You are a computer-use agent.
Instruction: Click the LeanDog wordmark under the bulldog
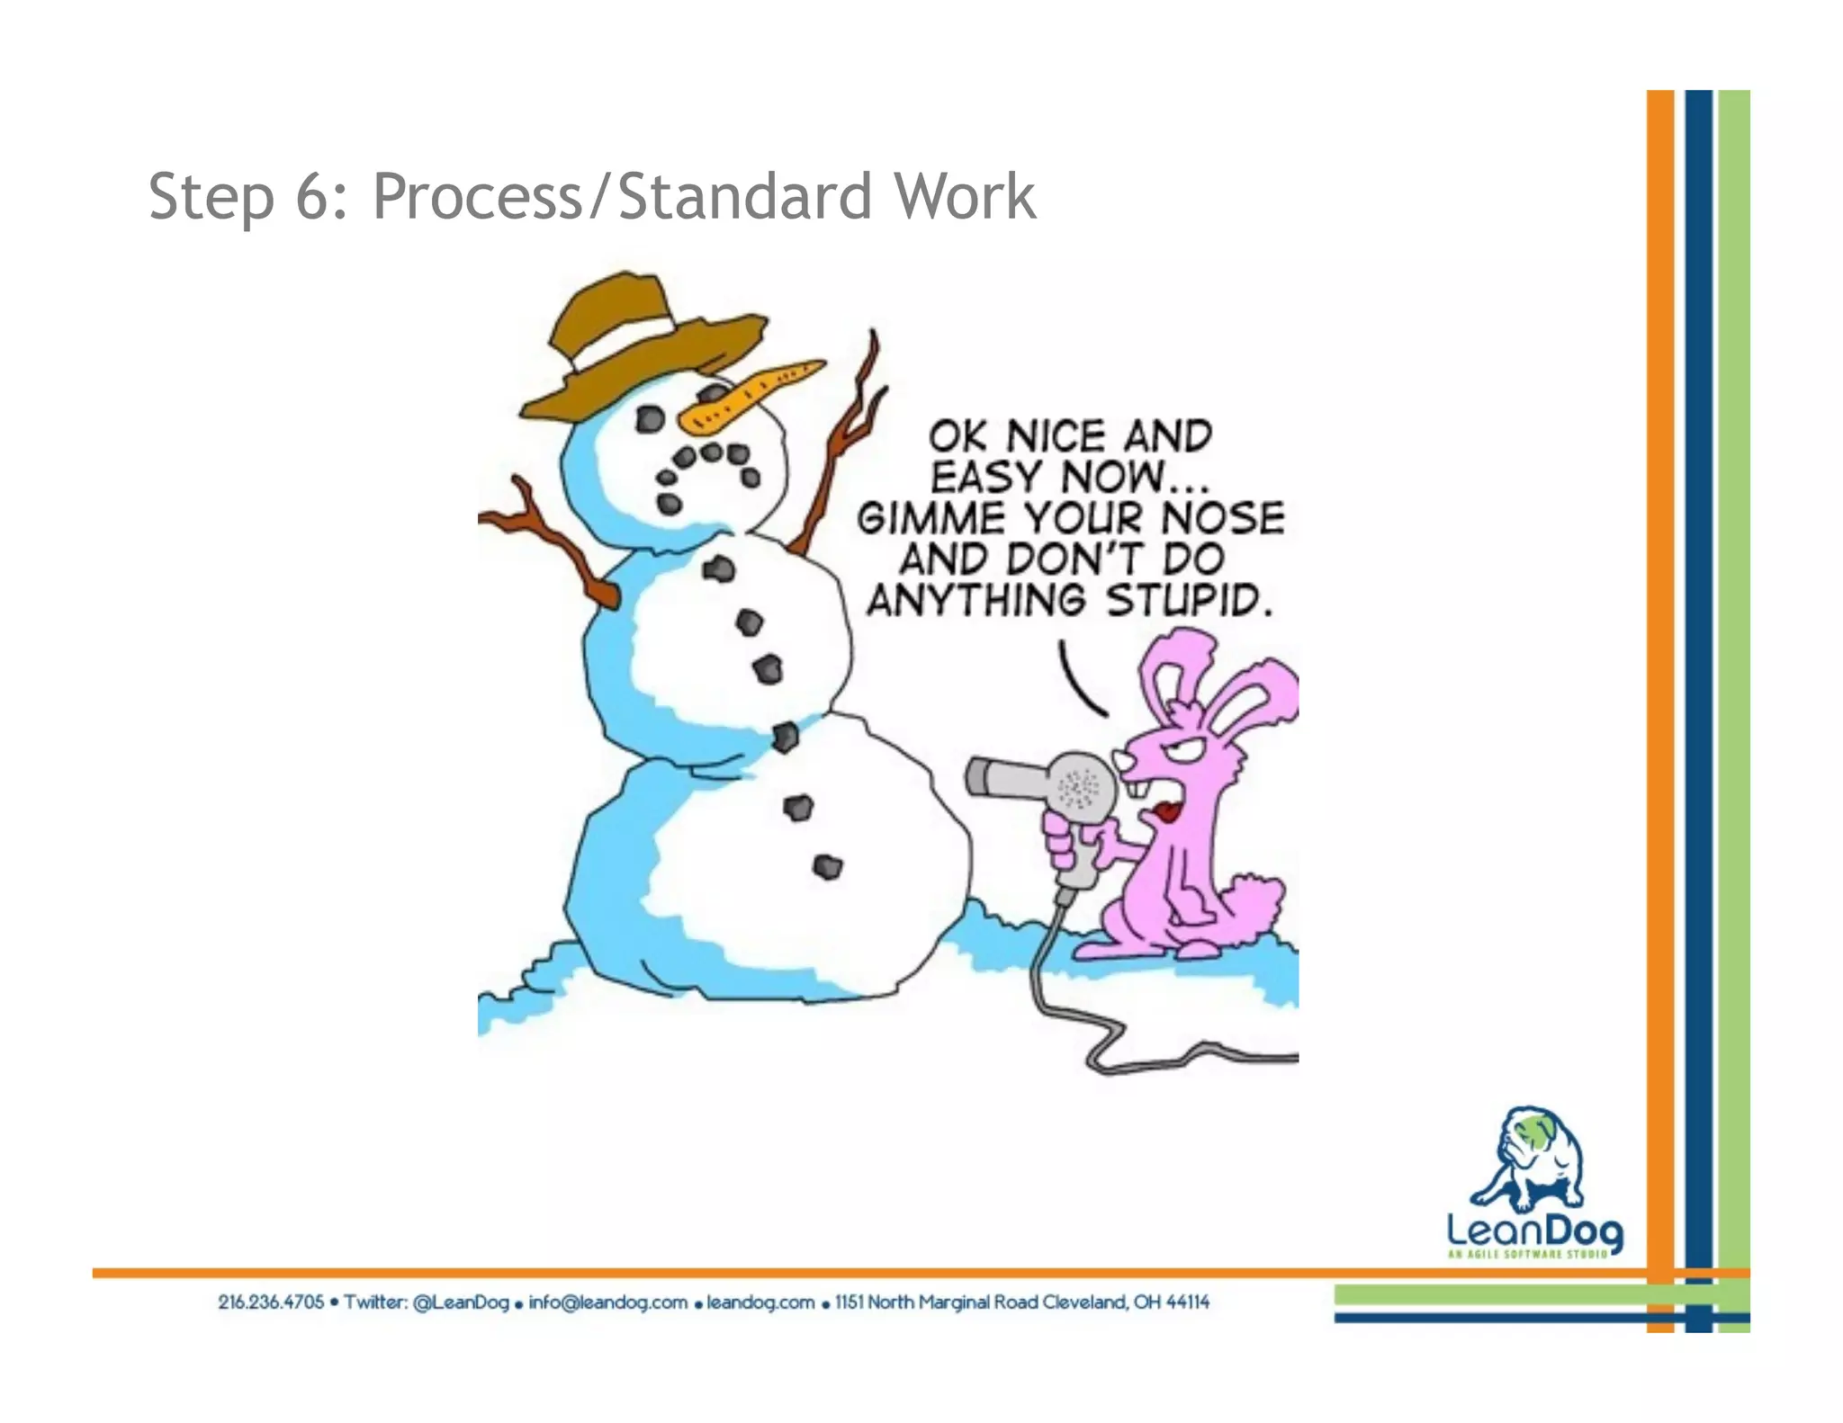pyautogui.click(x=1534, y=1230)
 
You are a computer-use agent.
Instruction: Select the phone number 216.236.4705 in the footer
pyautogui.click(x=271, y=1302)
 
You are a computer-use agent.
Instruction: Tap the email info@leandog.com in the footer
pyautogui.click(x=607, y=1302)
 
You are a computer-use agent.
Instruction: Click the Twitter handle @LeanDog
pyautogui.click(x=461, y=1302)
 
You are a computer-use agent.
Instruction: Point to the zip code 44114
pyautogui.click(x=1187, y=1302)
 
